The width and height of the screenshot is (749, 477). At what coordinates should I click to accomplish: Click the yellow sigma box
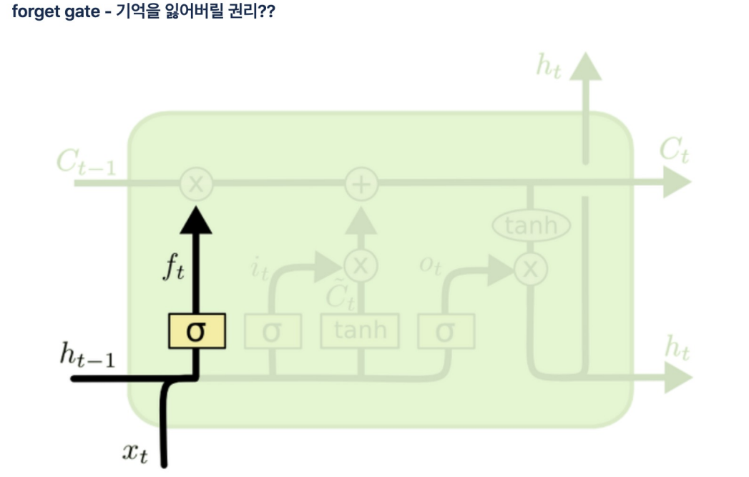197,332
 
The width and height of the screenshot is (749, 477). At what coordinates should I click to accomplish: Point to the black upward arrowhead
196,219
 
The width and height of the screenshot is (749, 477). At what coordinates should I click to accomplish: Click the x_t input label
134,453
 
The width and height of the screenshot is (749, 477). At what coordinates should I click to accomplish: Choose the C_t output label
673,151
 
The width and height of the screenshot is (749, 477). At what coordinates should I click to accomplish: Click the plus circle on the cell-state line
361,185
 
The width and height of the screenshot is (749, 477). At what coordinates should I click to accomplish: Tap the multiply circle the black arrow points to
196,185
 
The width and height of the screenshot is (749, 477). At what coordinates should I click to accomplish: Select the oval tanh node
531,227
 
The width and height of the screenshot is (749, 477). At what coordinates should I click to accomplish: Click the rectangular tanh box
360,331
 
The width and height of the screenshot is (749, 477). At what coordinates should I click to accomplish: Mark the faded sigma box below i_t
272,332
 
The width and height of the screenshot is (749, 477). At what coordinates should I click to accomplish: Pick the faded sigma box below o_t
445,332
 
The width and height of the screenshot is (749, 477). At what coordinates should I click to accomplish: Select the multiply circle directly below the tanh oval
531,269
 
